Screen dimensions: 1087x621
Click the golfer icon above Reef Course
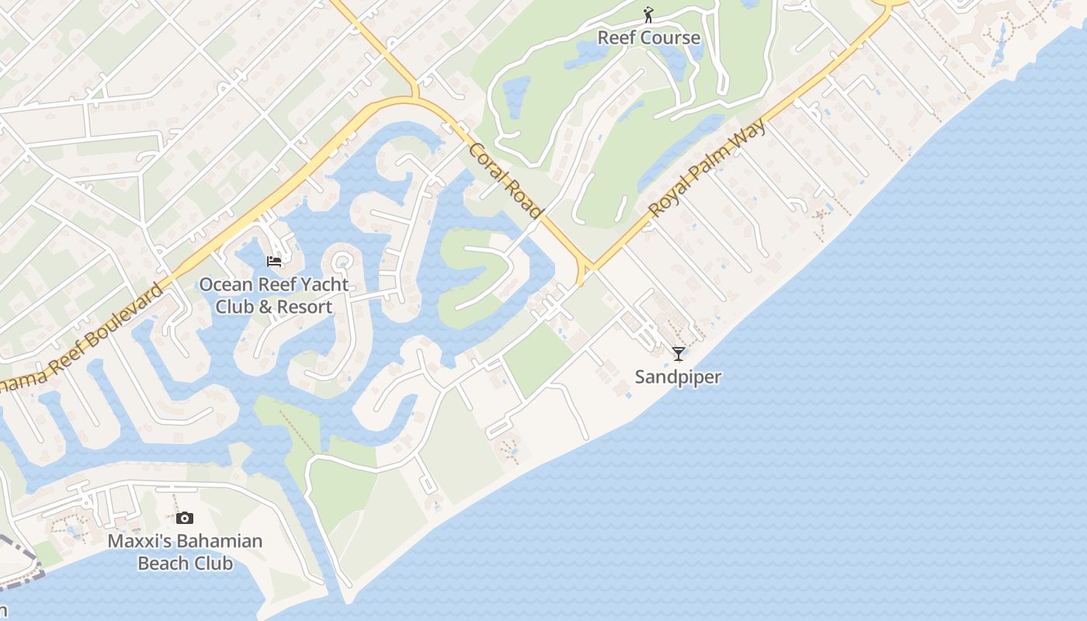tap(648, 15)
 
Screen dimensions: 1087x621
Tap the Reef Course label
tap(648, 37)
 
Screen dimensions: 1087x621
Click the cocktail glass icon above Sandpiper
tap(679, 354)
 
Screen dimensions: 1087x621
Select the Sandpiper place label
tap(678, 377)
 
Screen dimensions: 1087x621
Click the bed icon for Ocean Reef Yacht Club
tap(274, 262)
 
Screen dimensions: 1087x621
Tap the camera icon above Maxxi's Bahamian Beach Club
tap(185, 518)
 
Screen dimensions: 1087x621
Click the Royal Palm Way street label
tap(707, 168)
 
